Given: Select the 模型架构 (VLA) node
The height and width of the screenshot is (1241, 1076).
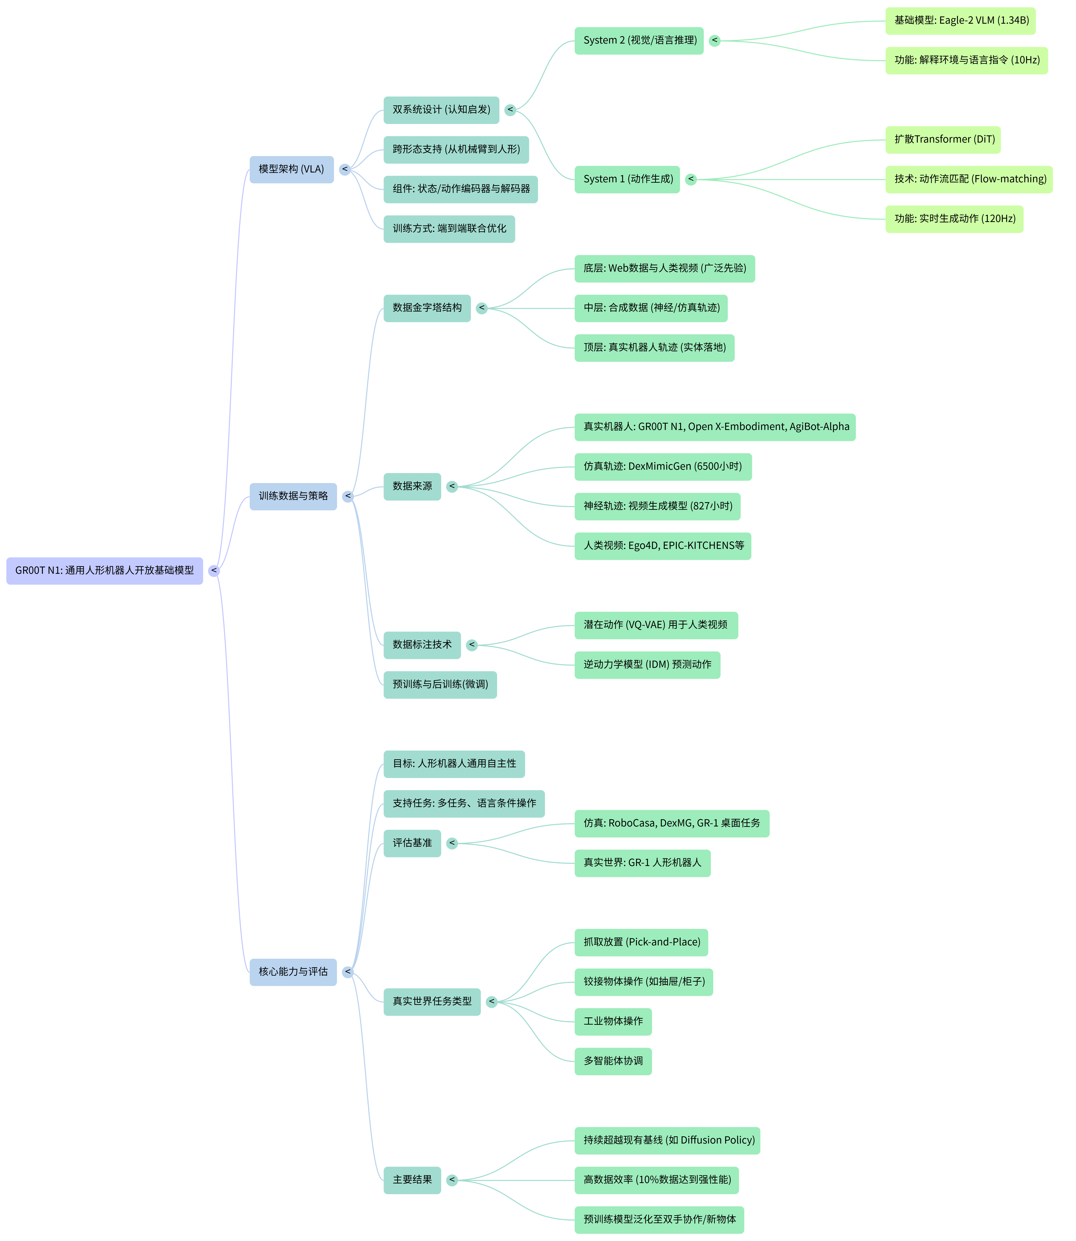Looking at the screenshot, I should pos(291,169).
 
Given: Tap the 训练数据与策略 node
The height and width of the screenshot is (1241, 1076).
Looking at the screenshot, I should pos(293,496).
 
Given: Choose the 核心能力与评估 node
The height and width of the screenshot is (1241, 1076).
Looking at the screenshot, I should pos(293,971).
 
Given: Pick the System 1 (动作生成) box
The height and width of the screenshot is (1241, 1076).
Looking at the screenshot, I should pos(627,179).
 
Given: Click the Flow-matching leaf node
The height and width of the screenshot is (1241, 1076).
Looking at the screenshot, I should pos(968,179).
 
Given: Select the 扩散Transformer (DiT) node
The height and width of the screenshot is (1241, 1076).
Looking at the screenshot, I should pos(943,140).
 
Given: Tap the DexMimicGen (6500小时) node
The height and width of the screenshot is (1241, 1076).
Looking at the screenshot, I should pos(663,467).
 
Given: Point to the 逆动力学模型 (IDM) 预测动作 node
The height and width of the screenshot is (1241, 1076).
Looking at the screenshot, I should pos(647,665).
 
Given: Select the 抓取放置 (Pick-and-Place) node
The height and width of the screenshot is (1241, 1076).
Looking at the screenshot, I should pos(641,942).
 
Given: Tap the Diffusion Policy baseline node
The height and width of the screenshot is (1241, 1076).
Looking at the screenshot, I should pos(667,1140).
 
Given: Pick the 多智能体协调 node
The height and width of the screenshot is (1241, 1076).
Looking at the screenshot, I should pos(613,1061).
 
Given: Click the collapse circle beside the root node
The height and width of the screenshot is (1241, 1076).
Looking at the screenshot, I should pos(214,571).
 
